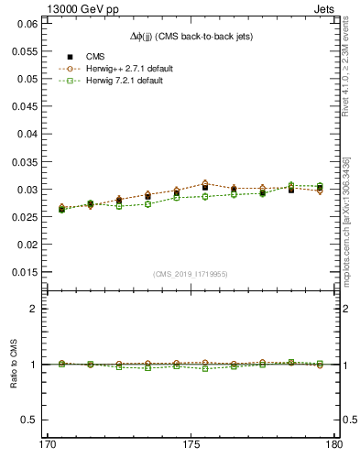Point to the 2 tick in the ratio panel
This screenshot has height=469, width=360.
point(33,309)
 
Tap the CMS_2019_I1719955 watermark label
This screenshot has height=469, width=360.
point(191,273)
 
